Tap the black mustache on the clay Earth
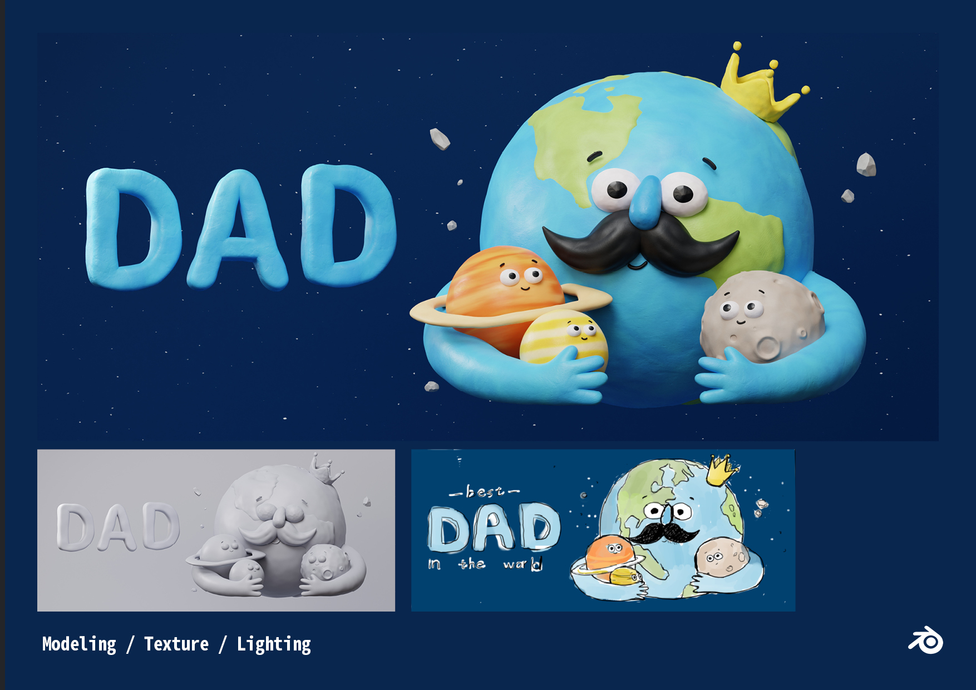click(x=640, y=245)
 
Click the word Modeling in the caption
click(x=79, y=644)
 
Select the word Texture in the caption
click(x=176, y=644)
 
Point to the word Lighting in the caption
click(x=274, y=644)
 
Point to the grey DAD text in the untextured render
click(x=118, y=526)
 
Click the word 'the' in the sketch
click(x=472, y=564)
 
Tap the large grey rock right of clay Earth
click(x=866, y=165)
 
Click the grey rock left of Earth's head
click(x=440, y=139)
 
